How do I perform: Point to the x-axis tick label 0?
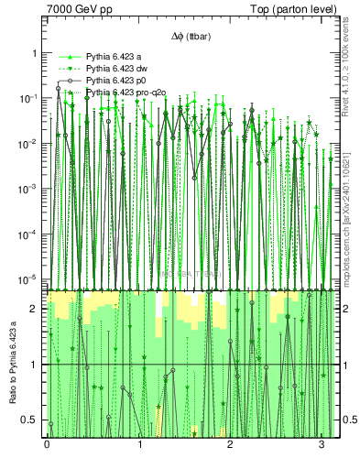[x=47, y=444]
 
